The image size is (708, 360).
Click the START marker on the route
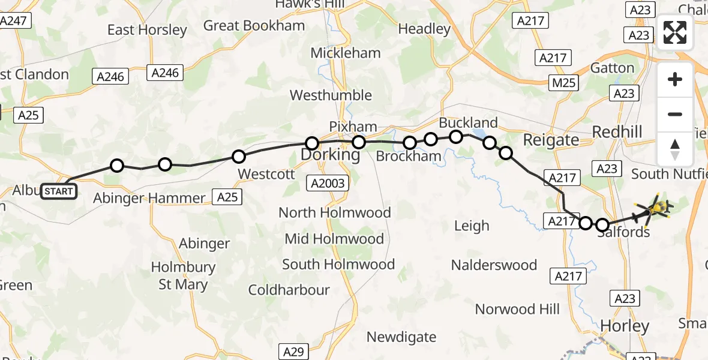59,192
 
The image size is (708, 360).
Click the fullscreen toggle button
675,32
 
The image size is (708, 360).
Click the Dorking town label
330,155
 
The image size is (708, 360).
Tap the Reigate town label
551,140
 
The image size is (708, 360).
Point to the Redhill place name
617,132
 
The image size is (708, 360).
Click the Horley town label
625,326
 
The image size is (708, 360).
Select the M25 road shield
564,83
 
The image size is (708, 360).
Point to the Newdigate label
401,337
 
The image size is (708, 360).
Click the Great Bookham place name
254,26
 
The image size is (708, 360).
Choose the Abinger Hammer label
149,198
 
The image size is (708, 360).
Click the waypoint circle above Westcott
239,157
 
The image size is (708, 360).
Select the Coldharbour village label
289,290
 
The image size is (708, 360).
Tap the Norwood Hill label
517,309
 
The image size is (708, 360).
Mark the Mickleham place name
345,53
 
